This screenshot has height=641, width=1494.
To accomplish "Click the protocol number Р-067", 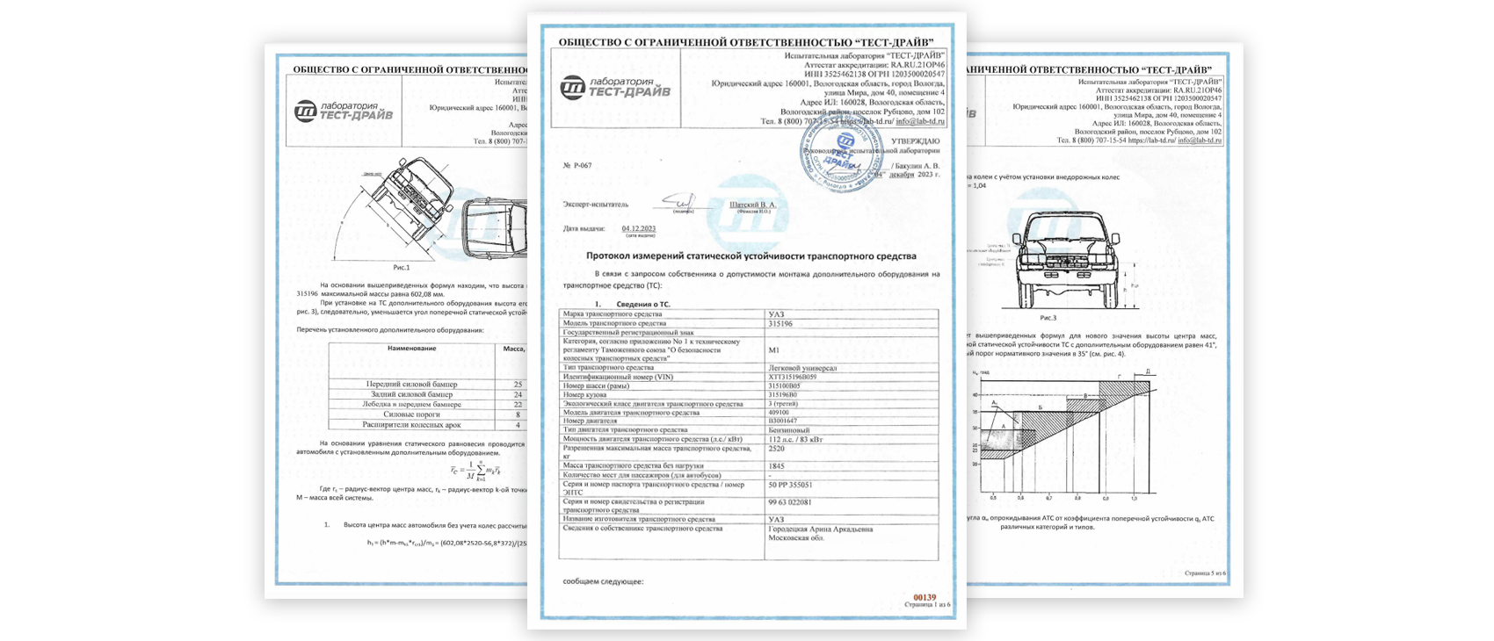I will pyautogui.click(x=579, y=165).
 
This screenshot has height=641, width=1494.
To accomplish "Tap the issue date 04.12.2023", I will pyautogui.click(x=639, y=228).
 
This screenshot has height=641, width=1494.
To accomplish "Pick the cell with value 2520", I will pyautogui.click(x=777, y=449).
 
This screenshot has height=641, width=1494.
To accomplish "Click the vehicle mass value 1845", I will pyautogui.click(x=777, y=466).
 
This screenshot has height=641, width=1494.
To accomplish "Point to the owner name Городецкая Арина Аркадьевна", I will pyautogui.click(x=821, y=529).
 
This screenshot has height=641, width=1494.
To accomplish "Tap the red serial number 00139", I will pyautogui.click(x=925, y=597).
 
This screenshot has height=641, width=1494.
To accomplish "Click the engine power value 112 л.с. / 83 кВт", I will pyautogui.click(x=797, y=439).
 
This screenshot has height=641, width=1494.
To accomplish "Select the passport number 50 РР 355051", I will pyautogui.click(x=790, y=485).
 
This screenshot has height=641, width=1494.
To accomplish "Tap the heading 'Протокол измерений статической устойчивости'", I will pyautogui.click(x=751, y=256).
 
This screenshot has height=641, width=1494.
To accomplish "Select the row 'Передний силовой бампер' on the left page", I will pyautogui.click(x=411, y=385).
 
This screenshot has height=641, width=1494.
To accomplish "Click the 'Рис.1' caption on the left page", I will pyautogui.click(x=402, y=266).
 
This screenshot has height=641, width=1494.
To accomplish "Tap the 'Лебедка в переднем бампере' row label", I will pyautogui.click(x=411, y=405).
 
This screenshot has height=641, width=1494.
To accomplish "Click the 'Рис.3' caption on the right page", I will pyautogui.click(x=1048, y=318).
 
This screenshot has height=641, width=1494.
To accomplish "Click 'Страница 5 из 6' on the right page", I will pyautogui.click(x=1205, y=573).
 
